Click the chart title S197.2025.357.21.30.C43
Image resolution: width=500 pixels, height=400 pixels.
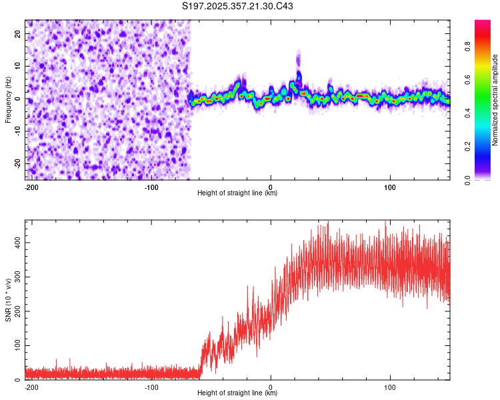pos(238,7)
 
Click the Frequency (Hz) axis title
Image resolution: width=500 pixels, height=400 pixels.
pos(8,100)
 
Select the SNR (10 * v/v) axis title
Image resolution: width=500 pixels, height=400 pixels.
pos(8,300)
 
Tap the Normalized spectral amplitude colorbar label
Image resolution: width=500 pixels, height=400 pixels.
pos(495,100)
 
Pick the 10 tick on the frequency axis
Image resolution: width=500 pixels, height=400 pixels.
pos(19,66)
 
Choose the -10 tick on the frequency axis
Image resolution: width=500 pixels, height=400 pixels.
pos(17,131)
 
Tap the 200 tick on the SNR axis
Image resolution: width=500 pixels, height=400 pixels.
pos(16,311)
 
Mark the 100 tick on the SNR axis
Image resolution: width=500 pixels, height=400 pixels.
pos(16,346)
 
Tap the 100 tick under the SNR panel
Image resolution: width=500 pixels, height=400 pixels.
pos(390,387)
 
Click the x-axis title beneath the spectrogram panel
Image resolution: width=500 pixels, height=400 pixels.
pos(237,193)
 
